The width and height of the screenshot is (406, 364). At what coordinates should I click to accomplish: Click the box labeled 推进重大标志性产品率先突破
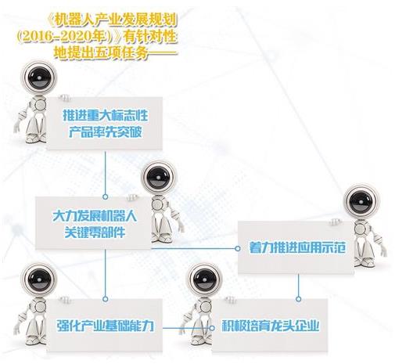click(104, 124)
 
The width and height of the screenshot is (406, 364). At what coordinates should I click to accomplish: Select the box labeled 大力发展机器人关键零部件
click(93, 223)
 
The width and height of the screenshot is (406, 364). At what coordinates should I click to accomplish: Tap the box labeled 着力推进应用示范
click(296, 247)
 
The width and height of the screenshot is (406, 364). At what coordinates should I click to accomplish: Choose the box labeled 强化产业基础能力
click(104, 325)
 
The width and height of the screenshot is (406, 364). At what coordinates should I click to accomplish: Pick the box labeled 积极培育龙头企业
click(270, 325)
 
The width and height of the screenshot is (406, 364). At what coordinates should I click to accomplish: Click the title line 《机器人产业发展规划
click(113, 21)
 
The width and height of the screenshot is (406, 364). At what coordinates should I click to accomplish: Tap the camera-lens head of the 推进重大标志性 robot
click(38, 77)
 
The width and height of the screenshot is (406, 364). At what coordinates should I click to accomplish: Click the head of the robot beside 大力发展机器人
click(159, 178)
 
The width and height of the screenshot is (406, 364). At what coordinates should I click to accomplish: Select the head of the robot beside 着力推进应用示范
click(361, 201)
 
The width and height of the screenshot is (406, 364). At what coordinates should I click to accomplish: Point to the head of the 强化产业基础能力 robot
click(38, 279)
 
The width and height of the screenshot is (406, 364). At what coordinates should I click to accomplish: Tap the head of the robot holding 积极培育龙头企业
click(204, 279)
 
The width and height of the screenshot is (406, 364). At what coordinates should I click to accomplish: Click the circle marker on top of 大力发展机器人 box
click(105, 196)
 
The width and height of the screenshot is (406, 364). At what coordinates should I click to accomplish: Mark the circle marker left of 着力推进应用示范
click(238, 248)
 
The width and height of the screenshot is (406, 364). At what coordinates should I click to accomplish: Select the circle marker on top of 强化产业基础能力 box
click(105, 299)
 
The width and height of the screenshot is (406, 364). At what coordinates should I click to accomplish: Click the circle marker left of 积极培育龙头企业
click(212, 328)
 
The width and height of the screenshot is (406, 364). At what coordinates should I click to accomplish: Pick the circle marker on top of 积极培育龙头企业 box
click(299, 299)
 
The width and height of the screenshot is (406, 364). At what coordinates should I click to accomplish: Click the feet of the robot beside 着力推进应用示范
click(365, 261)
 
